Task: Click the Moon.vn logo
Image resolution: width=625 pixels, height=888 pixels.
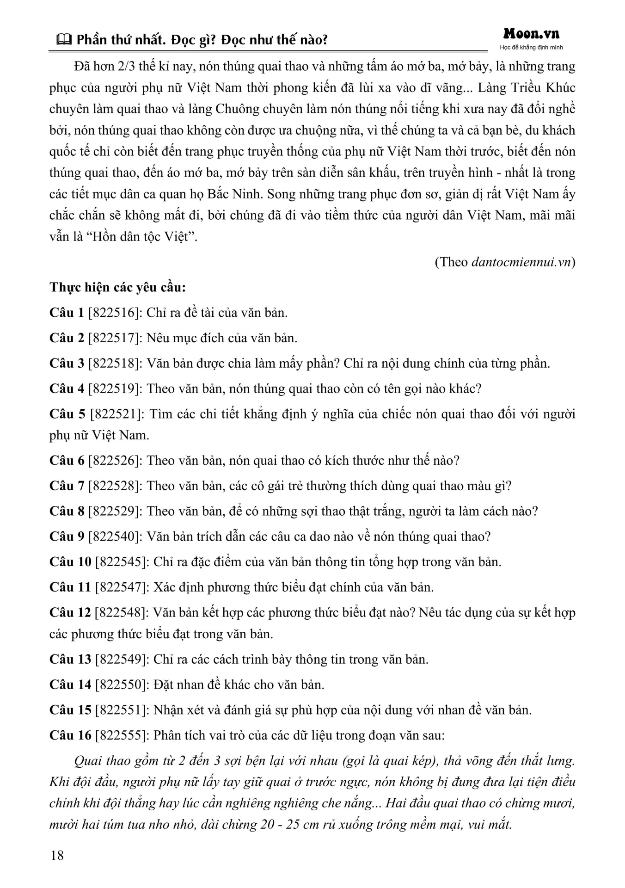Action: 531,34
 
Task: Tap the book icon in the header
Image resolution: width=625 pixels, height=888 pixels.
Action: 63,40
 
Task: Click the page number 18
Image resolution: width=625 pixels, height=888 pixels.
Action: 57,855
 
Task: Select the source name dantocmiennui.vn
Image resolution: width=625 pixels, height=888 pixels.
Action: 521,262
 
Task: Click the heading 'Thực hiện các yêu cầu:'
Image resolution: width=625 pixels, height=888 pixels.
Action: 117,287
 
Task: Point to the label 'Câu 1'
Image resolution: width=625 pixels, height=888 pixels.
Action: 67,313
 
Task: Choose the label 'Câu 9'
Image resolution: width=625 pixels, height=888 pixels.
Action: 67,536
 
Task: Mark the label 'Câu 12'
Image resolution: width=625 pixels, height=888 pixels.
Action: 70,612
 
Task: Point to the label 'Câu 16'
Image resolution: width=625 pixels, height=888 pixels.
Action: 70,735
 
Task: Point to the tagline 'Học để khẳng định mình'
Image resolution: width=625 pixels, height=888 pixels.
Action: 531,48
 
